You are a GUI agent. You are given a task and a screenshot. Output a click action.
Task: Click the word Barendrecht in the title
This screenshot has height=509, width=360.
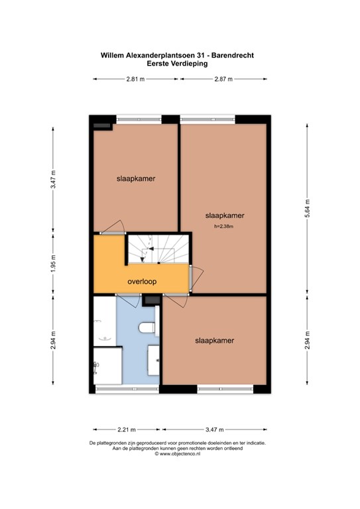click(234, 56)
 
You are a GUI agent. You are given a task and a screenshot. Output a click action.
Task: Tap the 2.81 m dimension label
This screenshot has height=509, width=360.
click(136, 80)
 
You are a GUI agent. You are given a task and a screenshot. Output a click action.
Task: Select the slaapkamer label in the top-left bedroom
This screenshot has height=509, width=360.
click(136, 178)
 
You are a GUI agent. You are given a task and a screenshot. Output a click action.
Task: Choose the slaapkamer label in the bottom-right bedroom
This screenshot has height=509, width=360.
click(214, 340)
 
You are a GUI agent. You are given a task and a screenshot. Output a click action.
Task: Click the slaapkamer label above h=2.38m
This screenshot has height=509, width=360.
click(225, 215)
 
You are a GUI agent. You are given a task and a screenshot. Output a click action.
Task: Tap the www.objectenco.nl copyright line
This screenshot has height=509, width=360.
click(180, 454)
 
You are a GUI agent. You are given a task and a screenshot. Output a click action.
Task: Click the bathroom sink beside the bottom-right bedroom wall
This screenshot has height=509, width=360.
click(154, 359)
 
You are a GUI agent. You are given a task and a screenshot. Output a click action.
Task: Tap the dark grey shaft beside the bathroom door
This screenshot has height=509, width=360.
click(151, 301)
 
